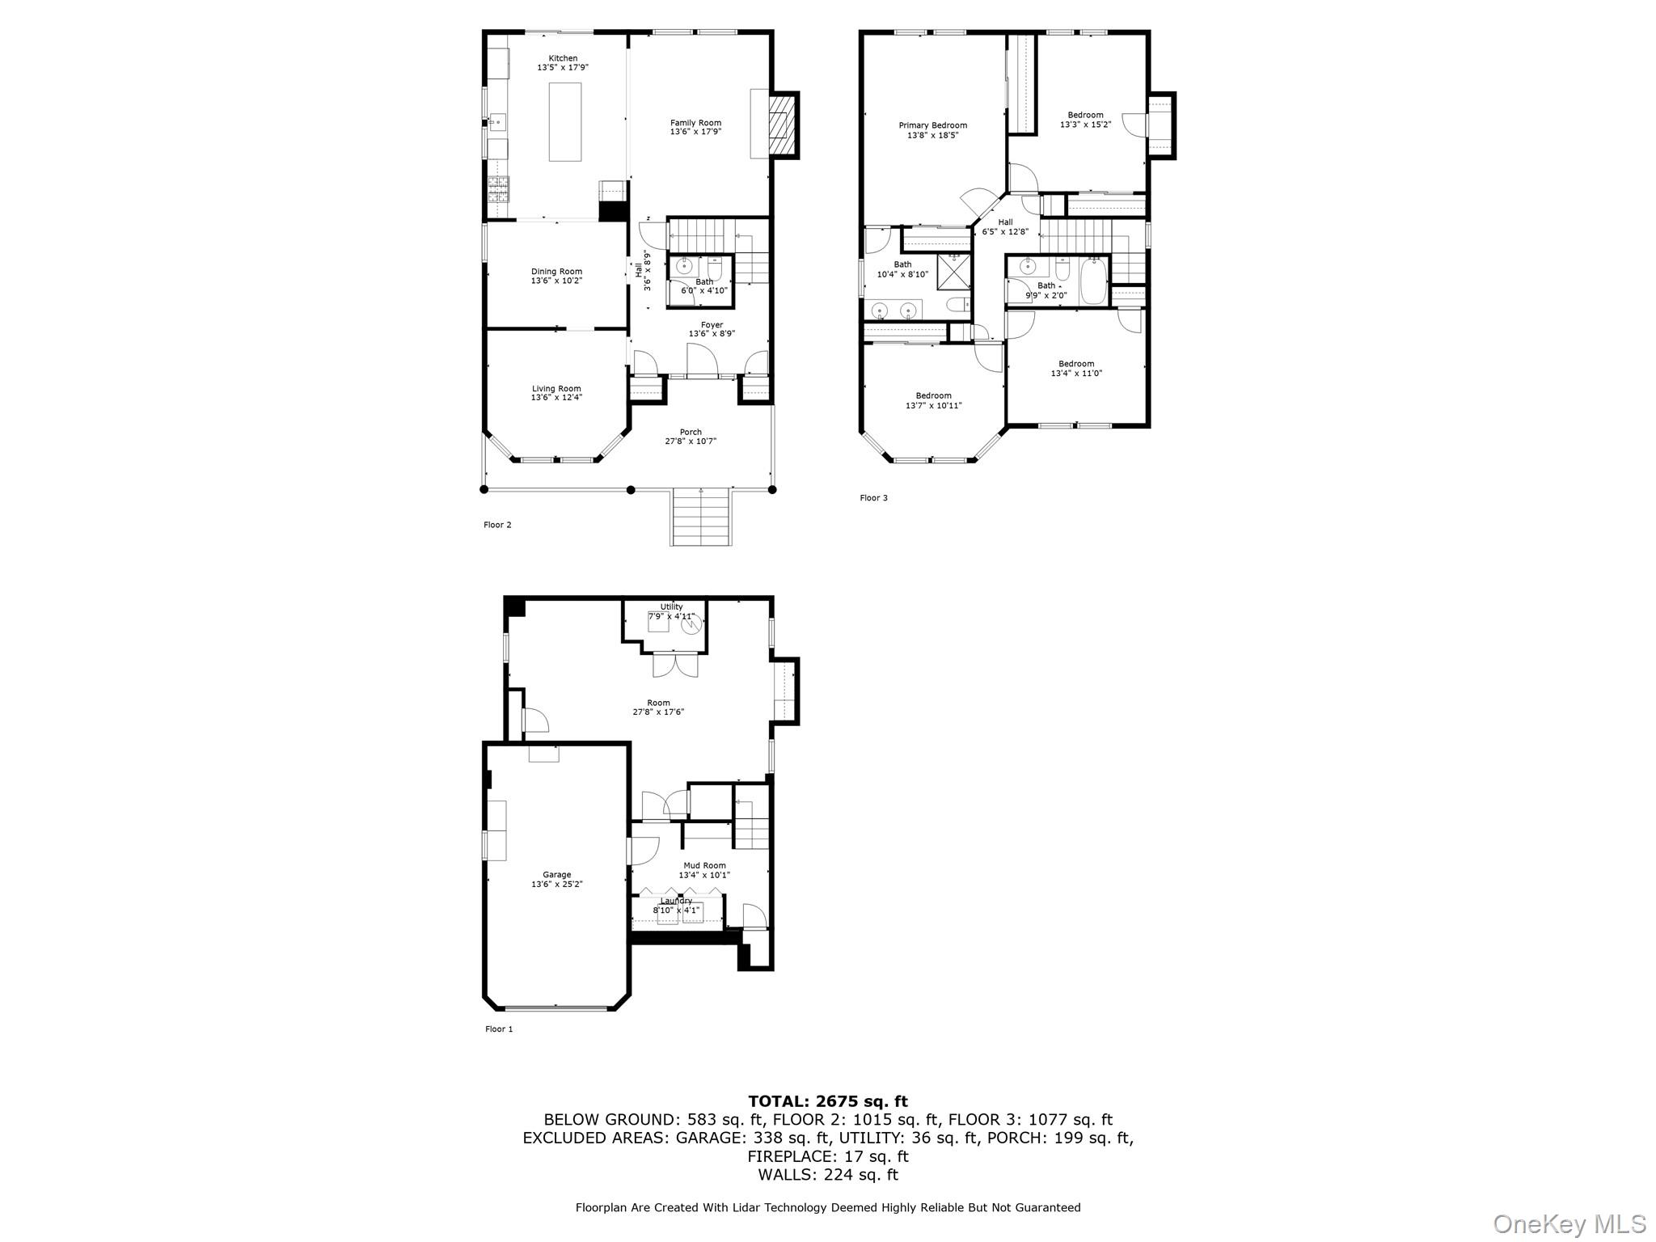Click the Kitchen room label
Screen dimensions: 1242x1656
563,58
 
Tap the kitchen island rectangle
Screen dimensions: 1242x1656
564,122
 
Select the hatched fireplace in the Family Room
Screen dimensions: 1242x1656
779,125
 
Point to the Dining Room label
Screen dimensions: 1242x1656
556,272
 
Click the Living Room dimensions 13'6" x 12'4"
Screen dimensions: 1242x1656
556,398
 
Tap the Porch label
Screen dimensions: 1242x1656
691,432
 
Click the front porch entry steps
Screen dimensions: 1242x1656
701,517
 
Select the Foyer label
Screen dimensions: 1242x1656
712,325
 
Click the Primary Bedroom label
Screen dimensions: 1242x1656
932,125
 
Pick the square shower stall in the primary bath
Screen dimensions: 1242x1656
953,272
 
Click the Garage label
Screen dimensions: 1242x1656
556,875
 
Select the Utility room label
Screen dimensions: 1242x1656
671,606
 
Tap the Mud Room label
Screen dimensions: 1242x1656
704,865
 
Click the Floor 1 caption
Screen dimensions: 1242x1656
499,1029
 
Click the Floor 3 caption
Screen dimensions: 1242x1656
873,498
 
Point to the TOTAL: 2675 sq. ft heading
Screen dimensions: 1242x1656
828,1101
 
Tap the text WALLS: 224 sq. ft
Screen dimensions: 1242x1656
828,1175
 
